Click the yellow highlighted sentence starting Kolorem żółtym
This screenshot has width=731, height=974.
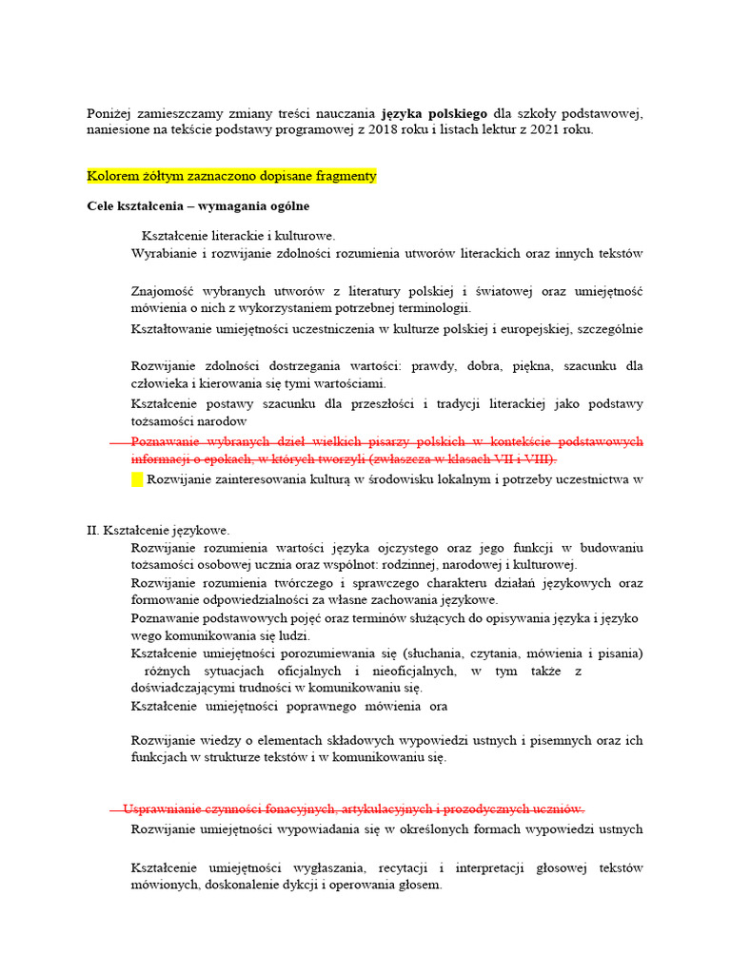coord(231,176)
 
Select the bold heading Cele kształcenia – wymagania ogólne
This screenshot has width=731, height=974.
coord(197,205)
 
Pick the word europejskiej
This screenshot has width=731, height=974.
coord(530,329)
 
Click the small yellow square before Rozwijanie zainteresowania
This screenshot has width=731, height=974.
coord(136,479)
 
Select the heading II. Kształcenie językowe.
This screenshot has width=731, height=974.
coord(158,530)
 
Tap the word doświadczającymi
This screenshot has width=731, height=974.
coord(189,688)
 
